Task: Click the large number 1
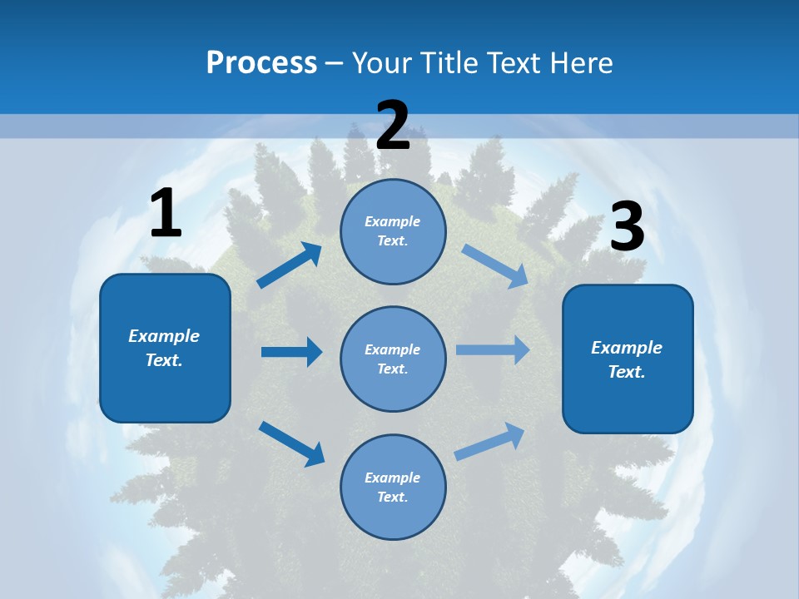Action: [166, 213]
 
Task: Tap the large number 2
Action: [393, 126]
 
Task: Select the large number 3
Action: [627, 227]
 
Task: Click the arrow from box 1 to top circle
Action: [290, 265]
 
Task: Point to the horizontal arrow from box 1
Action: [291, 352]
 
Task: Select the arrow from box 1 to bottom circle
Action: [291, 443]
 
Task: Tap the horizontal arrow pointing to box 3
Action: [493, 350]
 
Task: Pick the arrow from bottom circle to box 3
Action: [490, 441]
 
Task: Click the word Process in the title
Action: [261, 62]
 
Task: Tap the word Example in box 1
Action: [164, 336]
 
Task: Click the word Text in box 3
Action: [625, 372]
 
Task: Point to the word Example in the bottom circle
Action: [392, 478]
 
